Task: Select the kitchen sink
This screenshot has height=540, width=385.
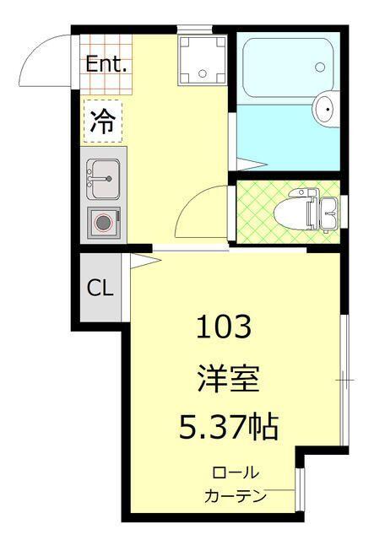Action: coord(103,177)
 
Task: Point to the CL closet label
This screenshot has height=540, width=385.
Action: coord(100,288)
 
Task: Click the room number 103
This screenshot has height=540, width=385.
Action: coord(225,326)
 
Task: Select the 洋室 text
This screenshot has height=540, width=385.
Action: coord(225,376)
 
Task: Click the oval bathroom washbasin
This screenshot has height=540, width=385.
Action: coord(325,109)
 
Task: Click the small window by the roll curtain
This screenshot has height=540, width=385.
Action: coord(299,490)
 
